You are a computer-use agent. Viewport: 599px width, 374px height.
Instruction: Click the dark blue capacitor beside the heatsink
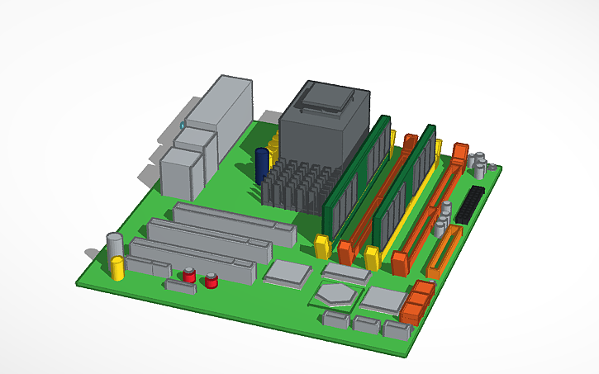pos(262,165)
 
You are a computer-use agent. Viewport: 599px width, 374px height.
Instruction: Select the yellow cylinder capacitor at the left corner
pos(118,267)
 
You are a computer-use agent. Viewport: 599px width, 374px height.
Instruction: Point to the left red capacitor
pos(190,275)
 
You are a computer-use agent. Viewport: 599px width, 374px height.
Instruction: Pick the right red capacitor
pos(212,281)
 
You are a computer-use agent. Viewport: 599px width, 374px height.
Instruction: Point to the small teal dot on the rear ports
pos(183,125)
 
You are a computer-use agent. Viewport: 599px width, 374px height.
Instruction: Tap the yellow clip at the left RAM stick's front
pos(322,246)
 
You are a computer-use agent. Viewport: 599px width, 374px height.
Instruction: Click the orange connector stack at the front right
pos(417,301)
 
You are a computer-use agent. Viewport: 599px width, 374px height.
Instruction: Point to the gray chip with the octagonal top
pos(338,292)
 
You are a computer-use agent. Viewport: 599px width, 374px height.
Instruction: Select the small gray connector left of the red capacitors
pos(179,285)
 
